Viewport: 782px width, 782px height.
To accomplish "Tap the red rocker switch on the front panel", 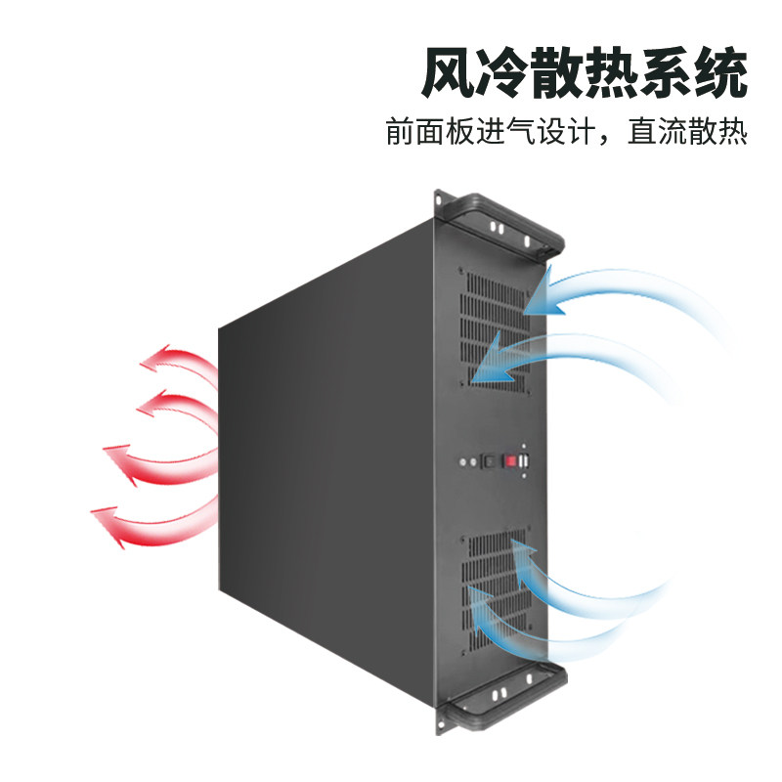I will click(509, 460).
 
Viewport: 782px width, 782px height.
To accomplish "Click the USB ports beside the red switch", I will click(526, 460).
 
